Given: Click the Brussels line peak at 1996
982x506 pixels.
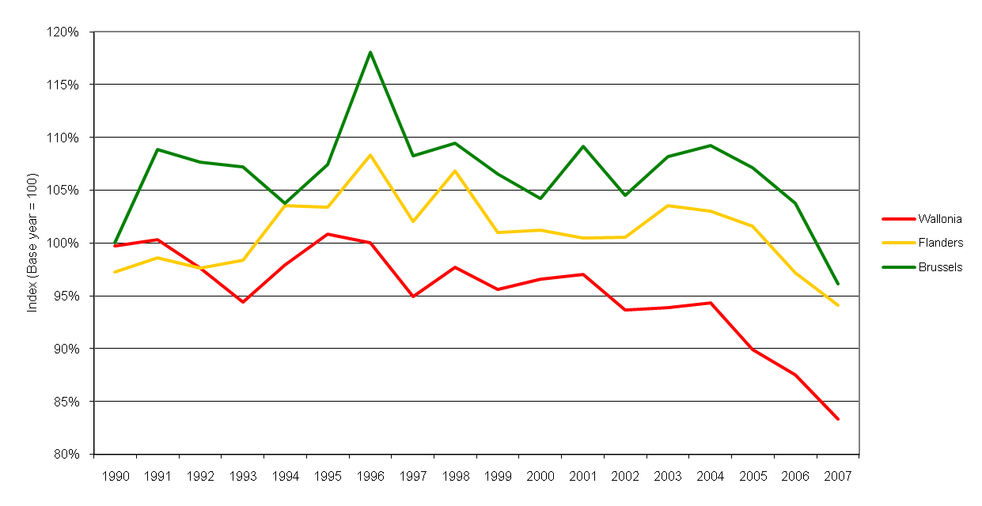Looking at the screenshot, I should pos(370,52).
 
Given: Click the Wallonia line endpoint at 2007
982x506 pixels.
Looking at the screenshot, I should pos(838,419).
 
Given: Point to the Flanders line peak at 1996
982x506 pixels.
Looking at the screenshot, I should pos(370,155).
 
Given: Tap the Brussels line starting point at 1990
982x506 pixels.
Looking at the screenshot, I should pos(116,243).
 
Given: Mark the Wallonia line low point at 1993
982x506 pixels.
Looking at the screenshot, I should pos(243,302).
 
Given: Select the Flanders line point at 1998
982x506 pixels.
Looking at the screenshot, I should pos(455,171).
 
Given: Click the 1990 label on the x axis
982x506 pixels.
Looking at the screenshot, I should pos(116,477).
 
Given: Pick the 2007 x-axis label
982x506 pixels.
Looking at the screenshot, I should pos(838,477).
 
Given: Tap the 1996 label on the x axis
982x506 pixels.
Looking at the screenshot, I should pos(370,477).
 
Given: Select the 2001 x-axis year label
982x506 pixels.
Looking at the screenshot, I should pos(583,477).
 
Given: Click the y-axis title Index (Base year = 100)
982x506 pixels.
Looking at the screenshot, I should pos(32,243).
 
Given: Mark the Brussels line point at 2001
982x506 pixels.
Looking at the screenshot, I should pos(583,146).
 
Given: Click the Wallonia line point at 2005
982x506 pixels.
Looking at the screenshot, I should pos(753,349).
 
